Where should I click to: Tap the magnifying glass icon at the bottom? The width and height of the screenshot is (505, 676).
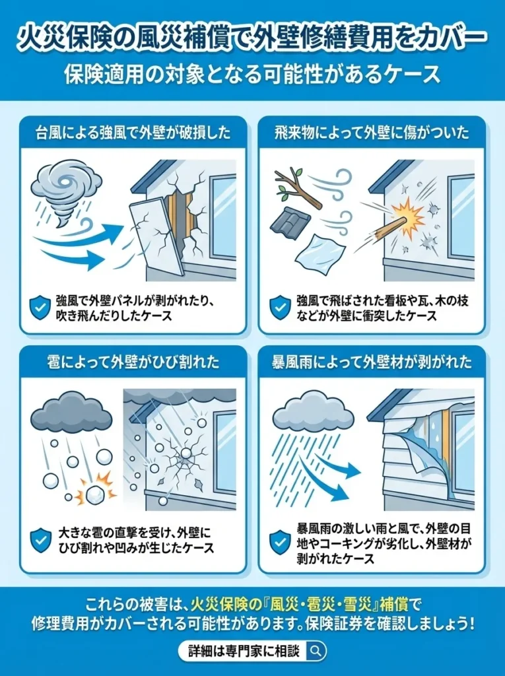[x=316, y=650]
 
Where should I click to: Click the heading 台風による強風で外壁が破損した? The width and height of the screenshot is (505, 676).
[x=133, y=133]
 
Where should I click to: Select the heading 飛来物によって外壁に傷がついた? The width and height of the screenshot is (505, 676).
[x=372, y=133]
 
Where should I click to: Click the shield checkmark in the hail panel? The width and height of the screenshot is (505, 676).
[x=40, y=539]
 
